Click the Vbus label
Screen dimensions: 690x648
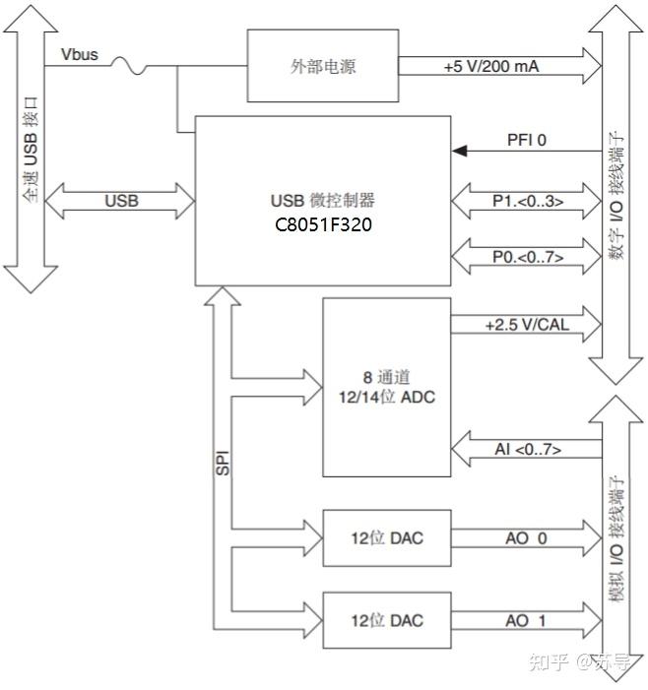[80, 53]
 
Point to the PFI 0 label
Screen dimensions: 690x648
[526, 140]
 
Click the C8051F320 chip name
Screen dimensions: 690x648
[323, 224]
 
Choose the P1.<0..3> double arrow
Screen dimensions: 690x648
[527, 202]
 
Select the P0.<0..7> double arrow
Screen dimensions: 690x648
[527, 258]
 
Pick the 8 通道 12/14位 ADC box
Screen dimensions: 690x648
[386, 388]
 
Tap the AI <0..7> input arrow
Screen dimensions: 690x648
[527, 449]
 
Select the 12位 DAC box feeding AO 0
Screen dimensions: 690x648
[386, 537]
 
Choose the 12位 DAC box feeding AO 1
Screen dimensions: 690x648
[386, 620]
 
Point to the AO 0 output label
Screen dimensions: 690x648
[526, 537]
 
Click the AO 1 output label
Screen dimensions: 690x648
[526, 620]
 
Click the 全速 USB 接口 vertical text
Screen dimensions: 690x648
[31, 149]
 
